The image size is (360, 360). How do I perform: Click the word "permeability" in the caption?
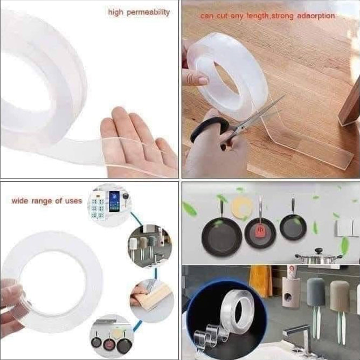(x=148, y=12)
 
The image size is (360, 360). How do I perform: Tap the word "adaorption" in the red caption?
(x=316, y=16)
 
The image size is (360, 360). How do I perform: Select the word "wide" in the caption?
(x=20, y=201)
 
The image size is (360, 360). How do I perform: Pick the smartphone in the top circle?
(x=114, y=202)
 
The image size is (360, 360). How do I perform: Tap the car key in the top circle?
(x=126, y=199)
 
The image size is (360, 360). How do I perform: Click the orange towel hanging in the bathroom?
(x=260, y=281)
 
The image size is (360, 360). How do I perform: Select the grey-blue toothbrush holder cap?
(x=315, y=292)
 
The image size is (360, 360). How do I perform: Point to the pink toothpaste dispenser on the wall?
(x=291, y=287)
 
